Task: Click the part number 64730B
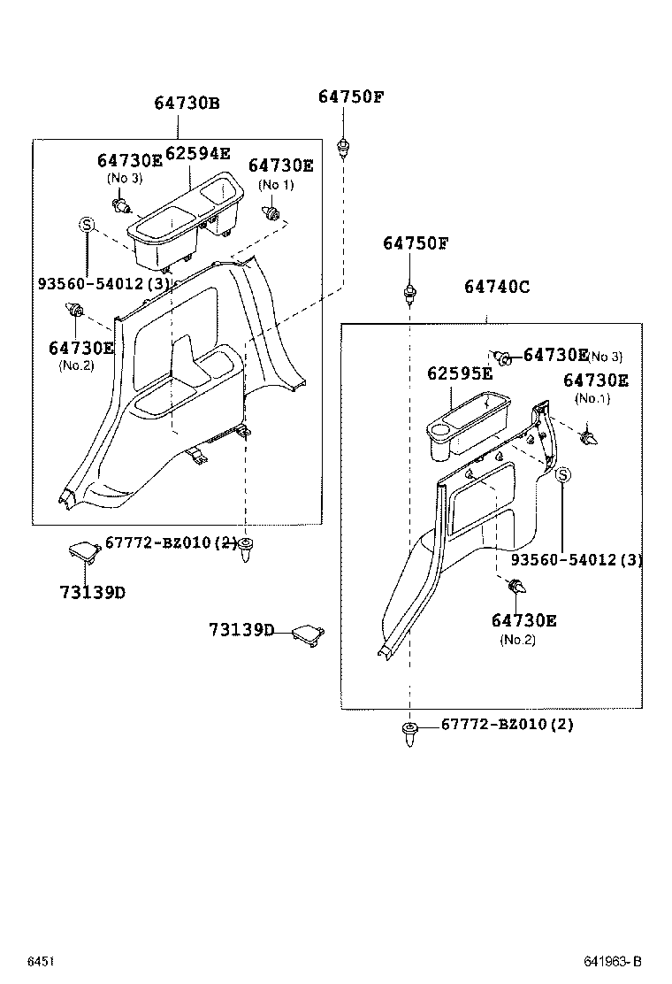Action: coord(187,104)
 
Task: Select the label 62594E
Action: coord(197,155)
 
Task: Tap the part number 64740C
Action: coord(497,287)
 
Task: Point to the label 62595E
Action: coord(460,373)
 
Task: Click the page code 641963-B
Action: coord(611,961)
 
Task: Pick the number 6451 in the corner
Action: coord(40,961)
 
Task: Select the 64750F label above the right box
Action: coord(416,243)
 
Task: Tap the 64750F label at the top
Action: coord(351,96)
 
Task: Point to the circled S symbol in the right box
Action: coord(562,476)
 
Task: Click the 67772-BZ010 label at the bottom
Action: coord(507,725)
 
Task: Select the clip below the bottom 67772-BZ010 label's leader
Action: coord(410,733)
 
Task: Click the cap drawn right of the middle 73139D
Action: coord(307,634)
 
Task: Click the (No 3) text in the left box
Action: coord(125,178)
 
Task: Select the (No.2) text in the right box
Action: coord(518,639)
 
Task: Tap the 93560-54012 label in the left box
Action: coord(103,283)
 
